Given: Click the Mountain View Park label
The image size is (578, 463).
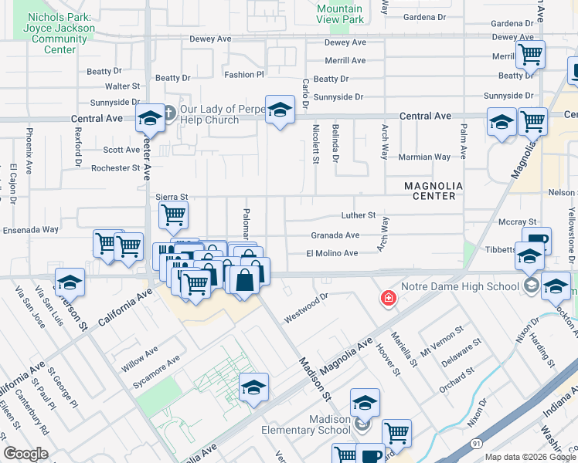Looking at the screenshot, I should (340, 13).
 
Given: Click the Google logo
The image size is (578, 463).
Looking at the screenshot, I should (25, 454).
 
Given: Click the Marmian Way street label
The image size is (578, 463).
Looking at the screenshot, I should (424, 157).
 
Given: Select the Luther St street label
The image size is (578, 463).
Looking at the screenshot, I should (359, 215).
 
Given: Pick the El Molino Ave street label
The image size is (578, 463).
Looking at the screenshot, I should (332, 253).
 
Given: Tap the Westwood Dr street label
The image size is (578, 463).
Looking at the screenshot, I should (306, 306).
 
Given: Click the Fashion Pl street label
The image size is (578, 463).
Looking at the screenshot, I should (244, 75).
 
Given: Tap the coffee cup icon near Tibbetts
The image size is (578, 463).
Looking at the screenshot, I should (536, 240).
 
